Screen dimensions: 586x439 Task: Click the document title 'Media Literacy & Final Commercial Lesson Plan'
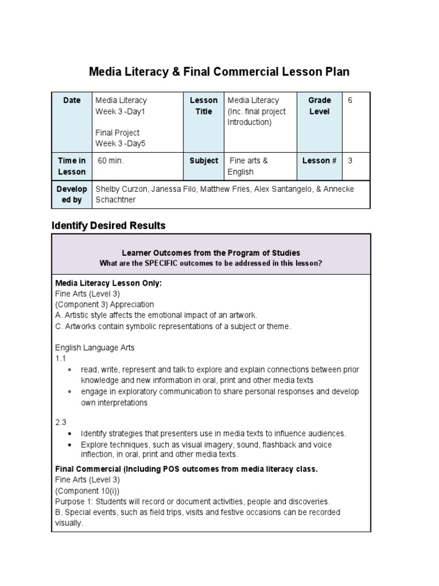(219, 72)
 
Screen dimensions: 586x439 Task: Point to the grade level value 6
(350, 101)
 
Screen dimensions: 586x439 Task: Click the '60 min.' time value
(110, 161)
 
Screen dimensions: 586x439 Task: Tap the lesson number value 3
(350, 161)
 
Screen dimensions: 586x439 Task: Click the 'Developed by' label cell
(71, 195)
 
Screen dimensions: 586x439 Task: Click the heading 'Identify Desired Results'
(109, 225)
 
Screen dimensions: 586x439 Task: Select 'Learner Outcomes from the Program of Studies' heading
(211, 253)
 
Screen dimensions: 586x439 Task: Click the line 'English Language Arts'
(94, 347)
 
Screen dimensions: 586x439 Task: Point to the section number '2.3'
(61, 422)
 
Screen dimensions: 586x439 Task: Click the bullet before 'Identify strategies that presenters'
(70, 434)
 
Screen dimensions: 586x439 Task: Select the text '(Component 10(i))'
(87, 490)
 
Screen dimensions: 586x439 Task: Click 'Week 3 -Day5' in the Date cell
(121, 144)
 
